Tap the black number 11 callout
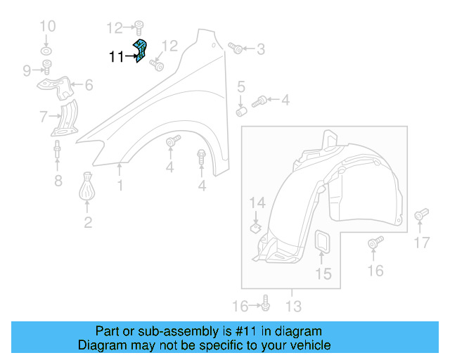coord(117,57)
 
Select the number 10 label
coord(47,27)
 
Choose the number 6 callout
coord(89,86)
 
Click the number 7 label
coord(44,116)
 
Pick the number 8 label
coord(58,182)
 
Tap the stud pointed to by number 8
coord(56,150)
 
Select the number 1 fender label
coord(120,186)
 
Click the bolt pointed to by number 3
coord(236,49)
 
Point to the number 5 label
coord(240,87)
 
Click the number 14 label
coord(258,203)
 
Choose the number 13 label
coord(293,307)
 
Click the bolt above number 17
coord(421,214)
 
